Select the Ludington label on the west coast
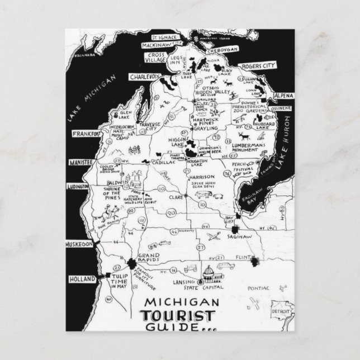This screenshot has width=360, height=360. (x=79, y=186)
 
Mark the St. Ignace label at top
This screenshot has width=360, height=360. (x=154, y=33)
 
